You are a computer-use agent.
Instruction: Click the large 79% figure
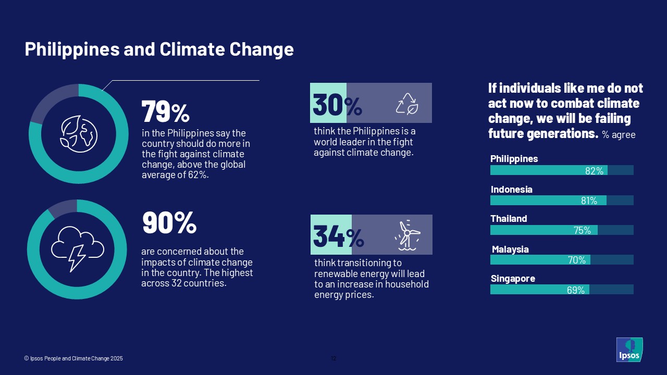pos(166,111)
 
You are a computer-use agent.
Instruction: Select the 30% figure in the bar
pos(337,105)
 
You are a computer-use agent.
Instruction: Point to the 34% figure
pos(339,236)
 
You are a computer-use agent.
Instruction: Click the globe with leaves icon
pos(79,134)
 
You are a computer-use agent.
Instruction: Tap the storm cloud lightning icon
pos(78,249)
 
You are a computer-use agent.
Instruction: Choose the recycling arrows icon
pos(407,104)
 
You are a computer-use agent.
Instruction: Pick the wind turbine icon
pos(407,235)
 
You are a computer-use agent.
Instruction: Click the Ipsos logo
pos(629,349)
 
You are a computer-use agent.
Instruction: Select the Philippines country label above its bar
pos(514,159)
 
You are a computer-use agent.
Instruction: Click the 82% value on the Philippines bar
pos(595,171)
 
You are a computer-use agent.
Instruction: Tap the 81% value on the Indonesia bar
pos(589,201)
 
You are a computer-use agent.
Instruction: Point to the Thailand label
pos(509,219)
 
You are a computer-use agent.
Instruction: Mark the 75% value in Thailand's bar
pos(582,230)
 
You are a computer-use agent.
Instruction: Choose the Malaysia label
pos(510,249)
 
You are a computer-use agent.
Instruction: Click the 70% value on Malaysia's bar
pos(577,260)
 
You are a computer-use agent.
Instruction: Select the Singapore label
pos(513,279)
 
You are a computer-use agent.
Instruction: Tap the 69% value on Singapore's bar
pos(576,290)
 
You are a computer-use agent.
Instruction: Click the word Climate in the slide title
pos(192,49)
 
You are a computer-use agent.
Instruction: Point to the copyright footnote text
pos(73,358)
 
